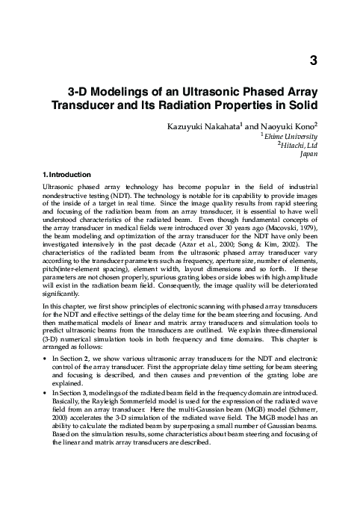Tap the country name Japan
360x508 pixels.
[308, 155]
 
